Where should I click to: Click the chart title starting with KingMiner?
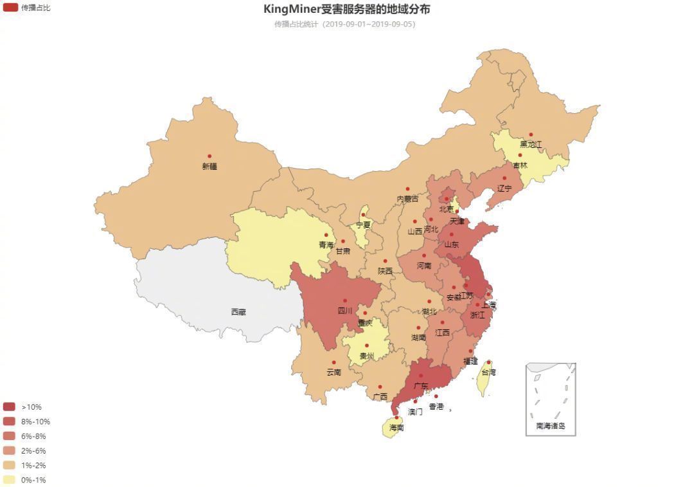[346, 9]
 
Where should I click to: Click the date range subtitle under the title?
[345, 24]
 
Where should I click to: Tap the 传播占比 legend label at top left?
[35, 8]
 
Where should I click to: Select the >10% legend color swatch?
[9, 407]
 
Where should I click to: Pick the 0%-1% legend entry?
[33, 480]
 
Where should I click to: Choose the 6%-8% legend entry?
[33, 436]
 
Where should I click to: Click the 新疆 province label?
[209, 167]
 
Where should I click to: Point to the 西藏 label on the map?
[238, 312]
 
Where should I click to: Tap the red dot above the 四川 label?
[345, 300]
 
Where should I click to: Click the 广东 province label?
[421, 386]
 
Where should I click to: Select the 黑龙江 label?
[531, 144]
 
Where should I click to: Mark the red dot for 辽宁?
[504, 178]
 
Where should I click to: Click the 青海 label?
[326, 245]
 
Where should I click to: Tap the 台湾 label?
[488, 372]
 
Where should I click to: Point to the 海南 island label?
[396, 428]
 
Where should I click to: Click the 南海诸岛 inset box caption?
[551, 426]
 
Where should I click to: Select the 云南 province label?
[334, 372]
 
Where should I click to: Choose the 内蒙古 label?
[407, 199]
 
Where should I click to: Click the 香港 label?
[436, 407]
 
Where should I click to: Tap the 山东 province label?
[452, 245]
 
